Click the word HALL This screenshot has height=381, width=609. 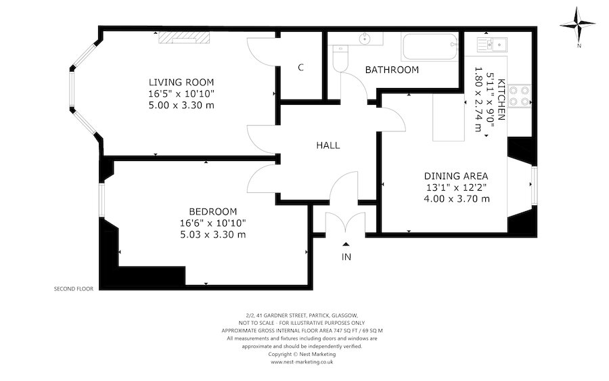[x=328, y=145]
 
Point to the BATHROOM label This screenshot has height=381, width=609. [x=392, y=70]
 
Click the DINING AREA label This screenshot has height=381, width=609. [x=456, y=176]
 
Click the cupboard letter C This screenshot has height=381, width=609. [x=300, y=68]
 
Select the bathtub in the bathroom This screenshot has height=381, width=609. [x=429, y=47]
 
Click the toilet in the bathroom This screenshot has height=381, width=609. [x=339, y=56]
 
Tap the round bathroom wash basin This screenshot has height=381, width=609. [x=365, y=38]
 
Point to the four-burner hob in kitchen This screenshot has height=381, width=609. [x=519, y=95]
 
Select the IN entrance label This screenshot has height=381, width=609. [x=346, y=257]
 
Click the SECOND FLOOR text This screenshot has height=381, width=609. [x=74, y=288]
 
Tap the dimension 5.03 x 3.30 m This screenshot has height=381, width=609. [x=212, y=235]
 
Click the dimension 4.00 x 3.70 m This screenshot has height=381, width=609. [x=456, y=199]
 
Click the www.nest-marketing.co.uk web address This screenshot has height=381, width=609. [x=302, y=362]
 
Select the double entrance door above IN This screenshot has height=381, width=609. [x=346, y=223]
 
